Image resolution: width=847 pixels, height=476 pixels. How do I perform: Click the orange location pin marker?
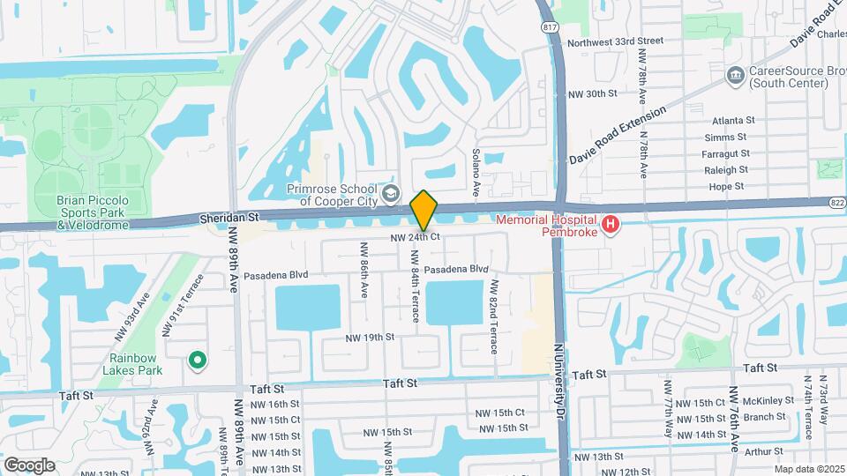423,210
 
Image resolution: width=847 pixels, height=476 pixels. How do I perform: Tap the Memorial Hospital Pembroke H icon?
610,226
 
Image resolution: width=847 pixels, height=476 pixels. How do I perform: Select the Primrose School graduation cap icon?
388,193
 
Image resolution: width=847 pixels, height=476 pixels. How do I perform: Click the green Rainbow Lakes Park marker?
199,360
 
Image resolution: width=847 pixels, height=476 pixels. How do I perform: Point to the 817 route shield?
551,27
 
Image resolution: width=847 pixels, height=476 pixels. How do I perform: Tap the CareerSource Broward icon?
734,76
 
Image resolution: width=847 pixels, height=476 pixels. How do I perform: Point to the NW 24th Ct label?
416,237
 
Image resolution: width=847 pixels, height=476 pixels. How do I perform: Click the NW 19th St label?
369,338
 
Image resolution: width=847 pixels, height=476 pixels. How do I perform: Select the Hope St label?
727,186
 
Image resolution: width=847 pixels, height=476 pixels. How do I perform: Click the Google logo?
29,465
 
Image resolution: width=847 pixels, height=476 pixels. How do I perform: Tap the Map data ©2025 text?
808,469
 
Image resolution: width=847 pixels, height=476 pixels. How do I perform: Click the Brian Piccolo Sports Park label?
93,212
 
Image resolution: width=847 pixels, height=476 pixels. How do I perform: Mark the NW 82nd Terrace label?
494,316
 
